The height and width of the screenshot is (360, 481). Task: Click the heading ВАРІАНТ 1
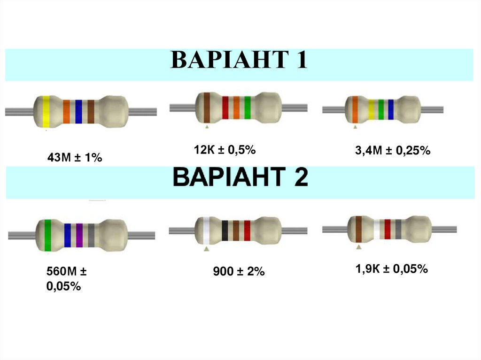239,61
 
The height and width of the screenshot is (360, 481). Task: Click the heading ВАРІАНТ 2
240,178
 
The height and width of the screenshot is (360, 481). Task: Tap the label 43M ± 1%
75,158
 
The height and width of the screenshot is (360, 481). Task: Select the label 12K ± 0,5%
225,150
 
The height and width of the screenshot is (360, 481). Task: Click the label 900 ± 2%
239,271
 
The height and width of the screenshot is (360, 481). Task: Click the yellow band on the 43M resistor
46,111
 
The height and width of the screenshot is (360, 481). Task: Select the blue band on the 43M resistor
78,112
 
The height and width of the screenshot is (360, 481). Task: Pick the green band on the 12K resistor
247,107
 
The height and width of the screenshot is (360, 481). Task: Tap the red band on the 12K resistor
225,107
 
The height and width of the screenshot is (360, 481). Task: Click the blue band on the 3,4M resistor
391,109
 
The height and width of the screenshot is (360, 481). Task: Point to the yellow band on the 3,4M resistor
371,109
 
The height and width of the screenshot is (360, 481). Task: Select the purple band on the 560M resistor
79,235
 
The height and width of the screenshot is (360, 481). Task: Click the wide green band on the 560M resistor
47,235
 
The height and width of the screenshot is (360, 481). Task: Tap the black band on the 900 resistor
225,231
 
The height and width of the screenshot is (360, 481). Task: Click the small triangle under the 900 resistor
206,249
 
